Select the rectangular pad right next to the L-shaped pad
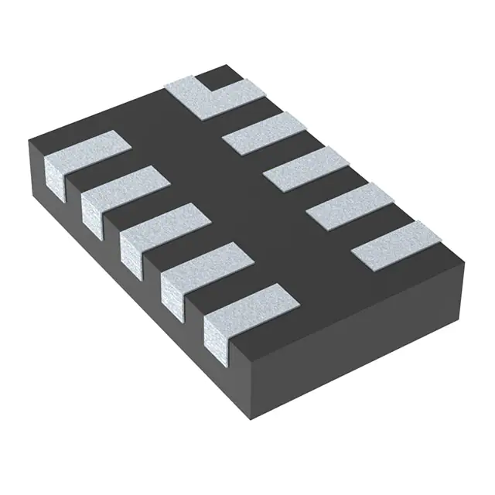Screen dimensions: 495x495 pos(264,133)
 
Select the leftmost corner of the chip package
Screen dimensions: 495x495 pos(29,142)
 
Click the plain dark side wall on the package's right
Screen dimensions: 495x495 pos(364,340)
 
